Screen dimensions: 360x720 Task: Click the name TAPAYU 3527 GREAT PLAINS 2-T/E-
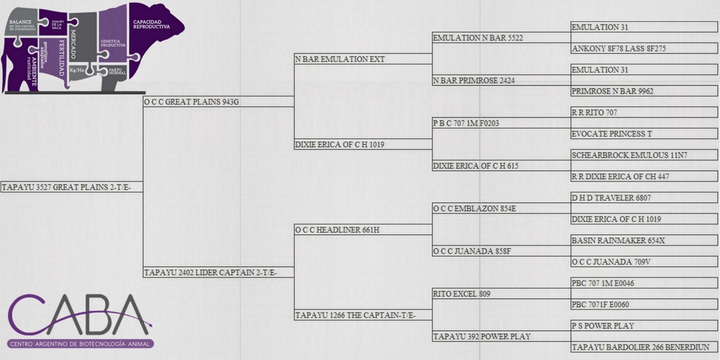click(x=71, y=187)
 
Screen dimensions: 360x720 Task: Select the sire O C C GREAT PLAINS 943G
click(x=191, y=102)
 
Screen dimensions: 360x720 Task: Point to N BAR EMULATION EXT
click(x=340, y=60)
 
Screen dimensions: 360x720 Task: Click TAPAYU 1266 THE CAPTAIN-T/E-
click(x=355, y=316)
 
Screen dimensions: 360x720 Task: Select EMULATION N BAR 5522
click(x=478, y=38)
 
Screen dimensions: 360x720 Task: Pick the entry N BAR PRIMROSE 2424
click(x=474, y=81)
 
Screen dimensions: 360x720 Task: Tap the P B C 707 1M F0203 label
click(x=466, y=123)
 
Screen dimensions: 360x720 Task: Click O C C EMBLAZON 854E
click(x=475, y=209)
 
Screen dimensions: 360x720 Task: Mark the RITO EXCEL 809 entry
click(x=461, y=293)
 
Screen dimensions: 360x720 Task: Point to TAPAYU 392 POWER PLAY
click(x=482, y=337)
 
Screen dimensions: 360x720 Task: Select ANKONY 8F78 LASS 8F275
click(x=619, y=49)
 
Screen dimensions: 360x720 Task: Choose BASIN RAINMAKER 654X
click(x=618, y=240)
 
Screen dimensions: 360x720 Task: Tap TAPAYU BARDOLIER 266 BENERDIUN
click(x=641, y=347)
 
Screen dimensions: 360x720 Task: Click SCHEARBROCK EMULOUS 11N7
click(x=629, y=155)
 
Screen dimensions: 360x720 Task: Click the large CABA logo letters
click(x=79, y=314)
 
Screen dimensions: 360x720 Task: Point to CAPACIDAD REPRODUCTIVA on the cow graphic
click(x=152, y=25)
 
